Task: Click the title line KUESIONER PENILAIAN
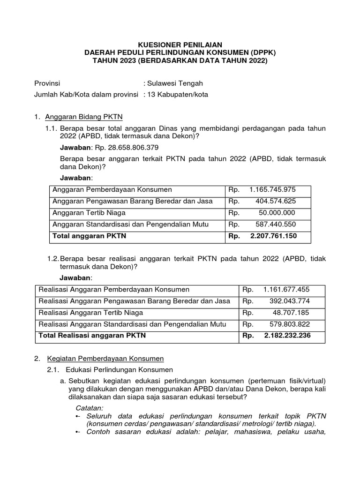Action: point(180,45)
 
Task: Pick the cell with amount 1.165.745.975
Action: point(272,190)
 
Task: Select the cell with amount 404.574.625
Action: point(276,201)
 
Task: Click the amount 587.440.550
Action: point(276,225)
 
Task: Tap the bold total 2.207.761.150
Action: point(273,236)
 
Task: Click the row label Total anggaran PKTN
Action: point(90,236)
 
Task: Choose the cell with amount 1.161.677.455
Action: point(286,289)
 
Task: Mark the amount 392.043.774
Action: point(290,301)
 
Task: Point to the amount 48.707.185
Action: point(291,312)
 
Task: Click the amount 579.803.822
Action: point(290,324)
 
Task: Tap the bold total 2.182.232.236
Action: point(287,336)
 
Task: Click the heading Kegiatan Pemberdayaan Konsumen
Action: point(105,359)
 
